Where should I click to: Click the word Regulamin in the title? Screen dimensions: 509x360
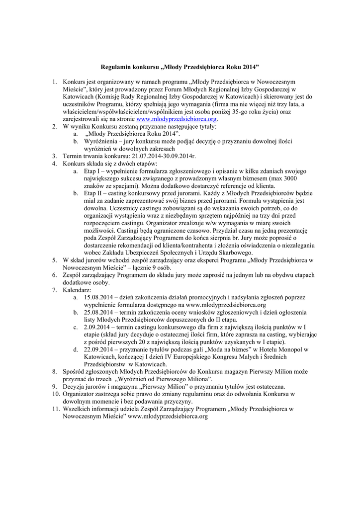click(x=115, y=66)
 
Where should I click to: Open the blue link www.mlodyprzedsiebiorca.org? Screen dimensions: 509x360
click(x=177, y=119)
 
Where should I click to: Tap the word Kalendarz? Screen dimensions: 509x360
click(x=77, y=289)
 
